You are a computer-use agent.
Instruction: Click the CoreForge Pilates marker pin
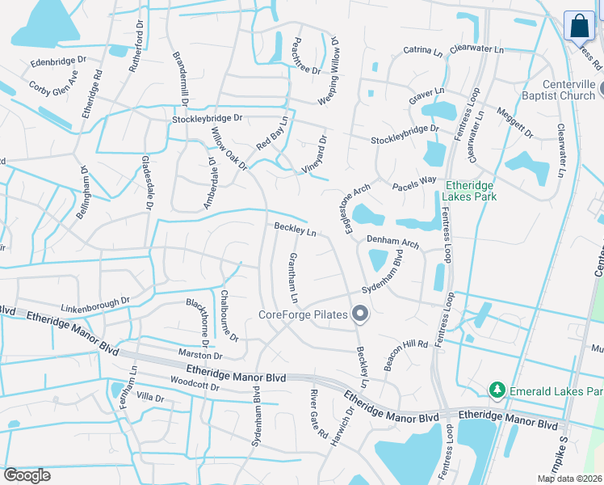360,314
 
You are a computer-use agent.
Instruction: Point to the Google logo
27,474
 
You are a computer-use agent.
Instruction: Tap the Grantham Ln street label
292,275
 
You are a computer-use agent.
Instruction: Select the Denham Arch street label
392,242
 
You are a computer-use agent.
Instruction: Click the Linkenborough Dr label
95,306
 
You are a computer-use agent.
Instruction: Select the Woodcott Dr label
195,386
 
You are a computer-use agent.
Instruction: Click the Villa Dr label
150,398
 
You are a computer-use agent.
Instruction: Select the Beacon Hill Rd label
405,354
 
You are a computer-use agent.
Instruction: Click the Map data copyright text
569,479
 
